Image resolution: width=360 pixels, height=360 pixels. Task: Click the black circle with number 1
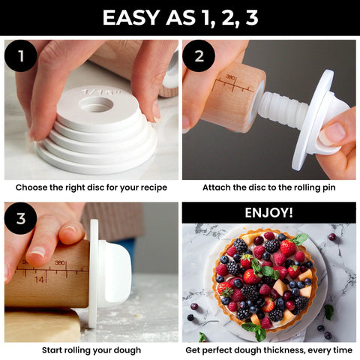click(x=21, y=57)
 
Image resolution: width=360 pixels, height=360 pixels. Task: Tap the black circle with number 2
click(x=199, y=57)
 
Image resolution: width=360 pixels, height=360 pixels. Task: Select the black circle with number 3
click(x=21, y=218)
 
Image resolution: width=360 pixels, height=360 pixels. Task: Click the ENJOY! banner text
click(x=268, y=213)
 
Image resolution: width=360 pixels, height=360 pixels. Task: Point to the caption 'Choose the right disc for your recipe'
click(x=91, y=187)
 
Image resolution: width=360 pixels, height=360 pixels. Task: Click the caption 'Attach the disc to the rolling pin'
click(x=268, y=187)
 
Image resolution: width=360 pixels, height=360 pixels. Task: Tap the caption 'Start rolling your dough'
click(x=91, y=349)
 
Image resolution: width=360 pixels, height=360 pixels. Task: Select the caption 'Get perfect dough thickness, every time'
click(x=268, y=349)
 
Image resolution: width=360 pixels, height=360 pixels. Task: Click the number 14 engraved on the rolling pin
click(x=38, y=278)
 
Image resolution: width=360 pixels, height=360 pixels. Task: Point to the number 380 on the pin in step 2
click(x=229, y=76)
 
